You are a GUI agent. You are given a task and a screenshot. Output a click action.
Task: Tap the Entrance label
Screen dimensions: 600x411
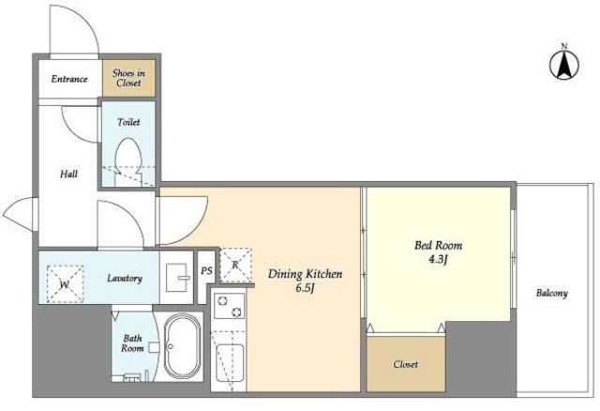pos(69,79)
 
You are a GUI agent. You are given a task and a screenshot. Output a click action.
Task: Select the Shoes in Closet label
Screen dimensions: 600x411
pos(129,78)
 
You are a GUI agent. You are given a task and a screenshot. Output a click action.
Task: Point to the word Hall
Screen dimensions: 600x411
pos(68,175)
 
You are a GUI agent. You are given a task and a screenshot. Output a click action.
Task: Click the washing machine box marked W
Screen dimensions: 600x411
pos(65,283)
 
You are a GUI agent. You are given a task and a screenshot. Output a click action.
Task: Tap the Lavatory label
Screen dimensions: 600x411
pos(125,278)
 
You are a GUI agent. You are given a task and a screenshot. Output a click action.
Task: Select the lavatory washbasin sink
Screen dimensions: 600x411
pos(178,278)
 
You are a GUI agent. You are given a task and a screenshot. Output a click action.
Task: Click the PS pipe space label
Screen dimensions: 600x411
pos(206,271)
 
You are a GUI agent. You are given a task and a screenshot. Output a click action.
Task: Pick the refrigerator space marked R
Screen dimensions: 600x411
pos(235,265)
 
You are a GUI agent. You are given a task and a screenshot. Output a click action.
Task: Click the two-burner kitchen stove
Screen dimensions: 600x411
pos(229,306)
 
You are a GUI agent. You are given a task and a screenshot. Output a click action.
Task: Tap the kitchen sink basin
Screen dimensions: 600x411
pos(230,363)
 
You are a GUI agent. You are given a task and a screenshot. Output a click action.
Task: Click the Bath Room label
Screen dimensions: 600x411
pos(132,343)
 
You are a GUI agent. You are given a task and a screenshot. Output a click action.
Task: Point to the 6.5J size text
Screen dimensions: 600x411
pos(305,288)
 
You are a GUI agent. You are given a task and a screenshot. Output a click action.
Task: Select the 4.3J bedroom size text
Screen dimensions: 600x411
pos(438,260)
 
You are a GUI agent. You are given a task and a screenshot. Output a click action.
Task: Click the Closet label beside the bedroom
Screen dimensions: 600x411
pos(406,364)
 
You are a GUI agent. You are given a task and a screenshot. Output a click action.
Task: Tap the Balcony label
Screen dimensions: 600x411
pos(552,294)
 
